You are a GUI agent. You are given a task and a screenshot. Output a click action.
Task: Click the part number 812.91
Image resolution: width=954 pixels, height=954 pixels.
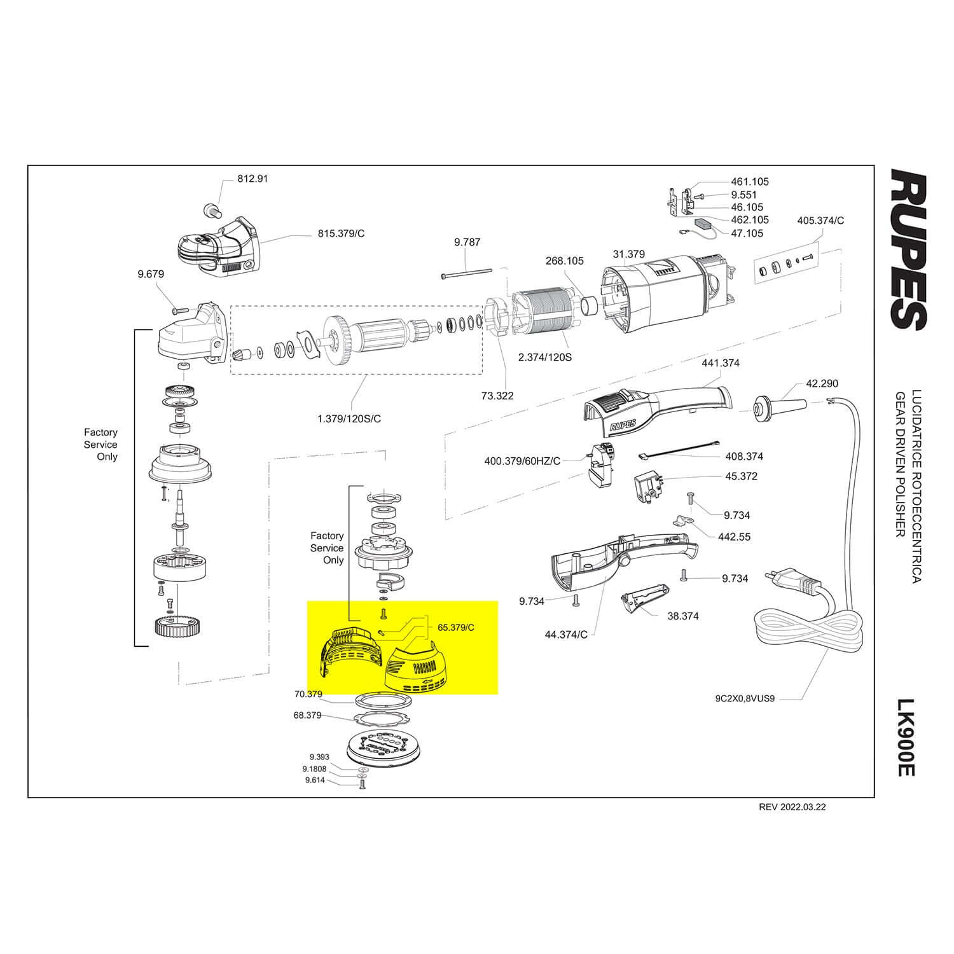(252, 179)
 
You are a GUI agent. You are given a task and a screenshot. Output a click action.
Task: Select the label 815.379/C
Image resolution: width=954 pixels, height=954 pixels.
(341, 233)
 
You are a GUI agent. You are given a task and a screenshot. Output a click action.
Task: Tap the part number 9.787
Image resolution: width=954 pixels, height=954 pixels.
(467, 242)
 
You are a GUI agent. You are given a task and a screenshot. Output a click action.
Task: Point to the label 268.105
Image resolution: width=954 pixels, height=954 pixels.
(564, 261)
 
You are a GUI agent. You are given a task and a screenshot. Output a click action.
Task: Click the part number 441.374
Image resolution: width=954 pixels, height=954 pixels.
(720, 363)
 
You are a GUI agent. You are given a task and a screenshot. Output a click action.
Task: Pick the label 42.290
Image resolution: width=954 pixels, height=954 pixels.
(822, 384)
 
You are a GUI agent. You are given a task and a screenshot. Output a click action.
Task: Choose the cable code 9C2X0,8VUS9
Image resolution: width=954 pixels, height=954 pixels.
(745, 698)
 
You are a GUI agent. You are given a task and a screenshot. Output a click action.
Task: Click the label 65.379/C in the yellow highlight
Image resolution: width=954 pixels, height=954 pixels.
(455, 628)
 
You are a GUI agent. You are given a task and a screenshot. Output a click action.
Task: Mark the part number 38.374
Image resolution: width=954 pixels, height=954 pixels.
(682, 616)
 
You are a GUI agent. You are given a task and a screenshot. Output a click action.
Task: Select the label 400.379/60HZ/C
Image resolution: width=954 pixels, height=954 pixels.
(522, 460)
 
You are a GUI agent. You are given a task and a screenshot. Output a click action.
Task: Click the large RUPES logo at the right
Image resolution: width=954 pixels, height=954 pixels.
(908, 249)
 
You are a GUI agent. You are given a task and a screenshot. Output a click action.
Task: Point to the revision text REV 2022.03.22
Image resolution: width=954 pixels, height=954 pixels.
(792, 807)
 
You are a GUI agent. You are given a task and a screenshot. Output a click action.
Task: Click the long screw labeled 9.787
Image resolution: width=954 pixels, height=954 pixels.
(467, 273)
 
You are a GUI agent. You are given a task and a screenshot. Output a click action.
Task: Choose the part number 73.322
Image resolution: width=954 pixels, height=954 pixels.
(497, 396)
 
